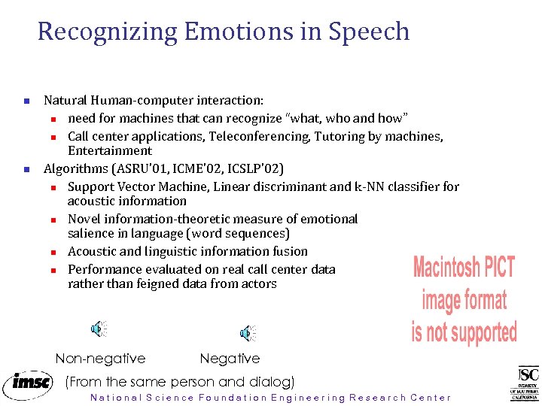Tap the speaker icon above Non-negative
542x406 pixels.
[99, 329]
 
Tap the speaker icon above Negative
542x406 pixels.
[247, 333]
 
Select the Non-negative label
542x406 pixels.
[100, 359]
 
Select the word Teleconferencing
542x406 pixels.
[258, 137]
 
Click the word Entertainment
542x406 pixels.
[109, 150]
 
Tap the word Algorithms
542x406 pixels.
[75, 168]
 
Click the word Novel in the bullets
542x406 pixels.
[84, 219]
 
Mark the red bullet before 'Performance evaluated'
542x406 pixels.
[53, 270]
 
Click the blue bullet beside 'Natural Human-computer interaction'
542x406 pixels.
[26, 101]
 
